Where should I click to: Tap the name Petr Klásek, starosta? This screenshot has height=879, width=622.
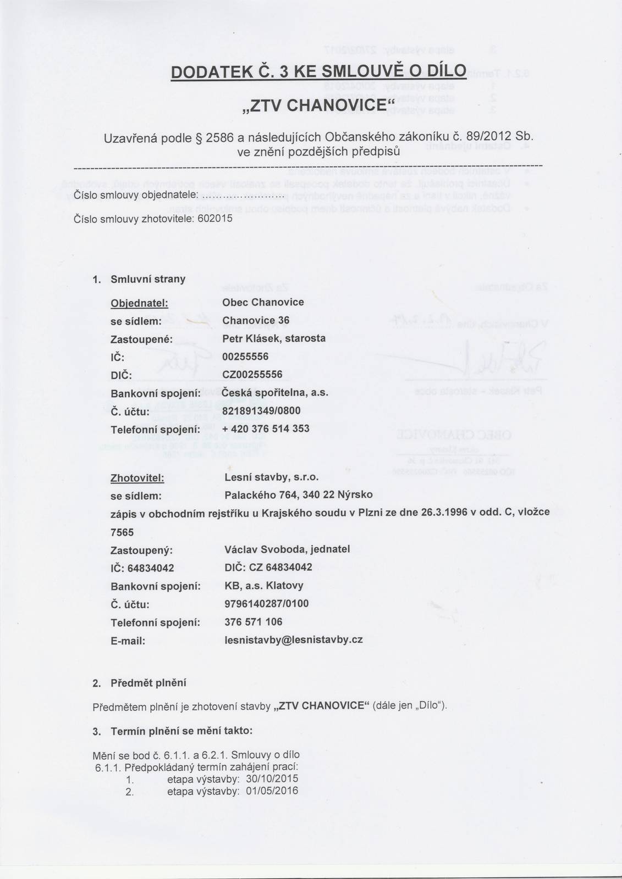tap(274, 338)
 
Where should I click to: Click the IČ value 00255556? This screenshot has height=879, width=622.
tap(245, 357)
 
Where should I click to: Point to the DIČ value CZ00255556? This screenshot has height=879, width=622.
tap(252, 375)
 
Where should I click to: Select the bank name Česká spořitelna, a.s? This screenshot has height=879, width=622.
tap(275, 393)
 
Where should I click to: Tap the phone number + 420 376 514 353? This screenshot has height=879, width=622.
tap(266, 429)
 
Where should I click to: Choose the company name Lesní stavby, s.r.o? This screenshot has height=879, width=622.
tap(272, 477)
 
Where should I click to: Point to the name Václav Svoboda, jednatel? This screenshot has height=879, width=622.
tap(287, 549)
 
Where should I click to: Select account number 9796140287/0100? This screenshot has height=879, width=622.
tap(267, 604)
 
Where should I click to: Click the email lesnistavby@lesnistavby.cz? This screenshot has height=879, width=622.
tap(294, 639)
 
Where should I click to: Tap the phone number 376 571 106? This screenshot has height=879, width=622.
tap(254, 622)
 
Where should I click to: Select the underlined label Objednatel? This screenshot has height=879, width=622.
tap(139, 303)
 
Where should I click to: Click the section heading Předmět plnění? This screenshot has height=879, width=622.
tap(148, 683)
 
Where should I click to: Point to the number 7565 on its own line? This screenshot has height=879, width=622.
tap(122, 532)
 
